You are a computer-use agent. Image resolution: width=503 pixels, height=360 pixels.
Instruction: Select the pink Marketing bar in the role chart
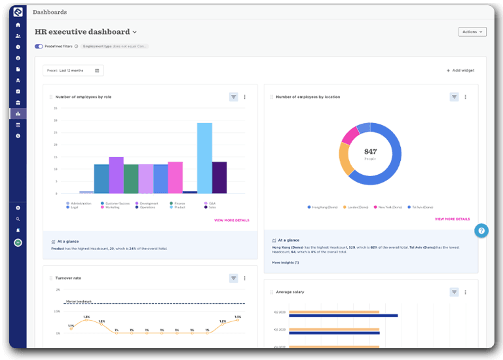(x=175, y=177)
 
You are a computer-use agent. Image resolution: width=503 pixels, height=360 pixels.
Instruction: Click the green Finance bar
(x=131, y=179)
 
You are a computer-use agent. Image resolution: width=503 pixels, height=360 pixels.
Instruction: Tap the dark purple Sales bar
(x=219, y=177)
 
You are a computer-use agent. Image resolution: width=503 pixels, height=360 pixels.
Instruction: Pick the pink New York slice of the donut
(x=350, y=135)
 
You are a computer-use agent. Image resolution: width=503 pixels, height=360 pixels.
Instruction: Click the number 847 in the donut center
(x=371, y=151)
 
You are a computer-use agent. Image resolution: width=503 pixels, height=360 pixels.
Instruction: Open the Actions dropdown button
(x=472, y=31)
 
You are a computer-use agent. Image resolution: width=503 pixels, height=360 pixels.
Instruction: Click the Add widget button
(x=460, y=70)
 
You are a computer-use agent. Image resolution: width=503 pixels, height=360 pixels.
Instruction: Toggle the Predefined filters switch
(x=39, y=46)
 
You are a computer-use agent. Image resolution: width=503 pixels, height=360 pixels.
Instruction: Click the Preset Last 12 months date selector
(x=73, y=70)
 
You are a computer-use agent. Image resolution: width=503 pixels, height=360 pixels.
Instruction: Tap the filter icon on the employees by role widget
(x=233, y=97)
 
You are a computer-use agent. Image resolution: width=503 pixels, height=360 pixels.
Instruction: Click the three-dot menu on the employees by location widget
(x=465, y=97)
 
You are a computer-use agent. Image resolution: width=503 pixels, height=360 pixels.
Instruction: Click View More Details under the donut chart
(x=452, y=219)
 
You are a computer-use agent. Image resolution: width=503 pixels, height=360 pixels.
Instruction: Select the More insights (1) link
(x=285, y=262)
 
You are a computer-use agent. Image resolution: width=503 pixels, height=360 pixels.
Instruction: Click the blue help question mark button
(x=481, y=230)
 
